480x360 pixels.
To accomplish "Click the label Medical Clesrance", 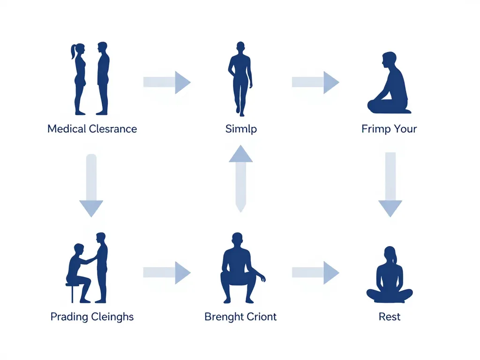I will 92,128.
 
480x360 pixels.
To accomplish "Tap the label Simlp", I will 241,128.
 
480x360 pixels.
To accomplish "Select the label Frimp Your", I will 389,128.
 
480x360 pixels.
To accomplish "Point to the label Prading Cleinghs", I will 92,317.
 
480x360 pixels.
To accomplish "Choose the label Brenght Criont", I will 240,317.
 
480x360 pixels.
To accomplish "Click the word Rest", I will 390,317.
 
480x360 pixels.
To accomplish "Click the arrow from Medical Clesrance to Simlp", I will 167,82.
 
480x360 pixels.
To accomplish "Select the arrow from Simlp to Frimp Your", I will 315,82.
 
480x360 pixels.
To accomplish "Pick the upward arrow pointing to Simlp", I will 240,178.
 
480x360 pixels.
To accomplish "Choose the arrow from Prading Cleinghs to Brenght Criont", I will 167,272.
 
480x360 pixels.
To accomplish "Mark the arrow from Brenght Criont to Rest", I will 315,272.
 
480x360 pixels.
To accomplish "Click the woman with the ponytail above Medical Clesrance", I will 79,78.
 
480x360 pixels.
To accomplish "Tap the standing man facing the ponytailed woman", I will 103,78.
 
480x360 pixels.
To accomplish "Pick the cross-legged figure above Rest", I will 390,277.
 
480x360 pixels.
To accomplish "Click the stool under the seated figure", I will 72,291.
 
